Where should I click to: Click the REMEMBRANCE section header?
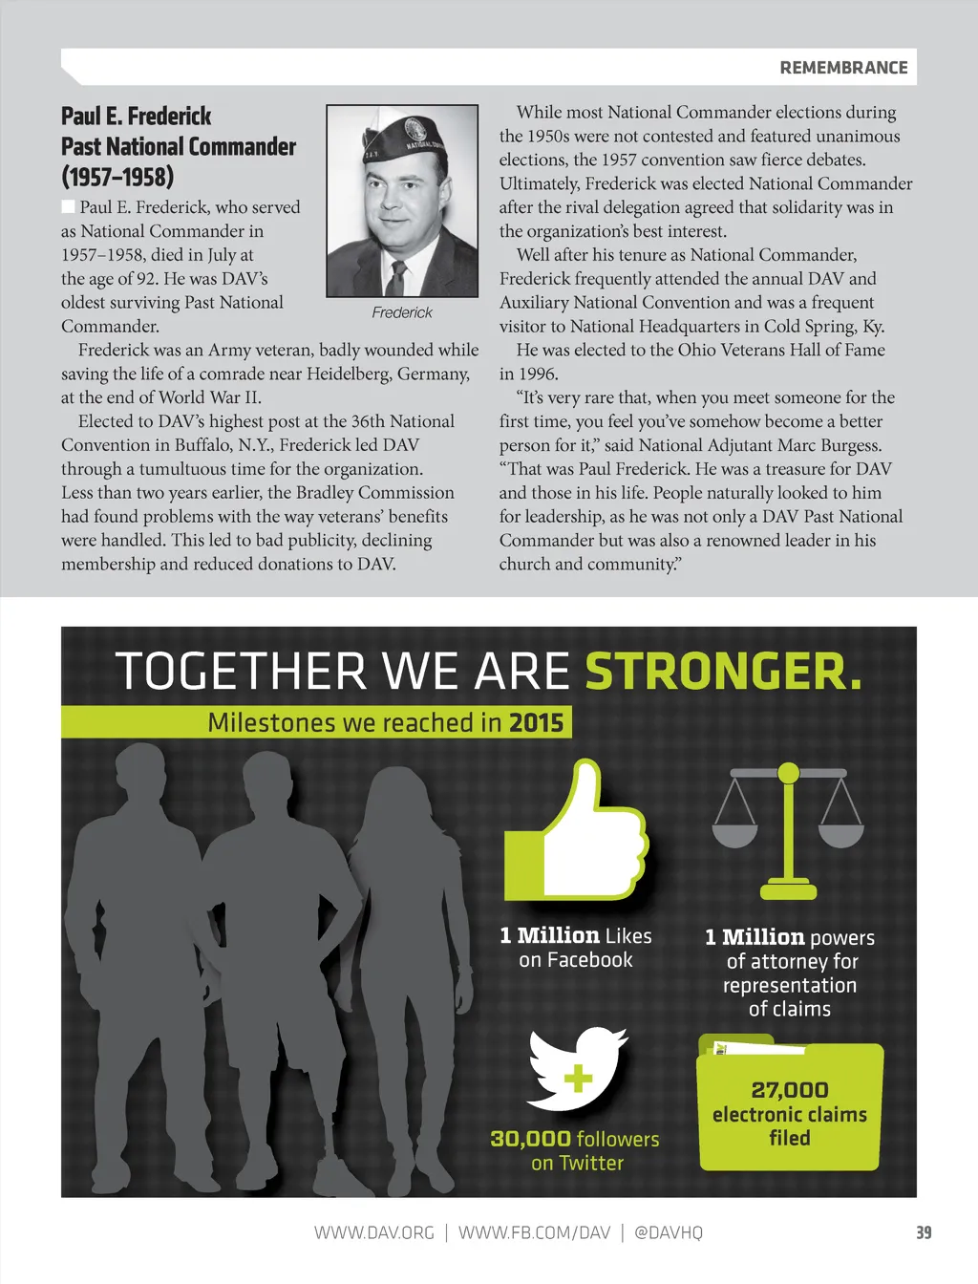(843, 68)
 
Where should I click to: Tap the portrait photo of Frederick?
(402, 201)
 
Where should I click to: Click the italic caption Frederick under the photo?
(402, 312)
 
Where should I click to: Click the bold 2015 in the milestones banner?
(536, 722)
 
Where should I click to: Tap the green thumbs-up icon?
(578, 831)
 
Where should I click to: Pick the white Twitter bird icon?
(577, 1068)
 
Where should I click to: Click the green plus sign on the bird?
(577, 1079)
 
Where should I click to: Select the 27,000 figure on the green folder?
(790, 1089)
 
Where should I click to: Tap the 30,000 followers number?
(530, 1139)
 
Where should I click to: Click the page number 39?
(924, 1232)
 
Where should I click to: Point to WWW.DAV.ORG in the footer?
(374, 1232)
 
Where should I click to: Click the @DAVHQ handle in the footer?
(668, 1232)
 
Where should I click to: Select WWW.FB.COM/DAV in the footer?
(534, 1232)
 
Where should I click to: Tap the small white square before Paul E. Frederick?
(69, 206)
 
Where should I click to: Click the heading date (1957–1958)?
(117, 177)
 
